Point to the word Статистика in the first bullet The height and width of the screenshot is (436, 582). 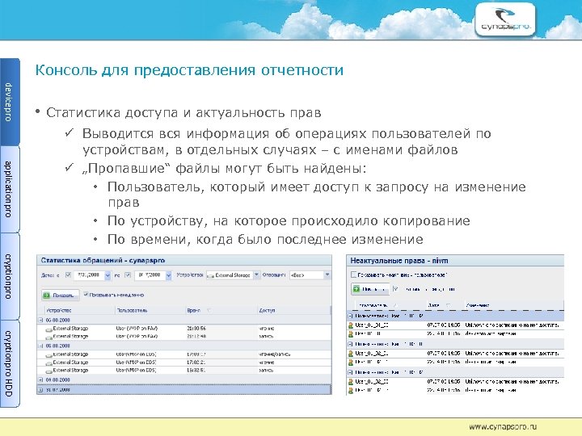(83, 112)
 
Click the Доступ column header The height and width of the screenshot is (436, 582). (268, 309)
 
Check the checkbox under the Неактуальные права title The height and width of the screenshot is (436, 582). (354, 275)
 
